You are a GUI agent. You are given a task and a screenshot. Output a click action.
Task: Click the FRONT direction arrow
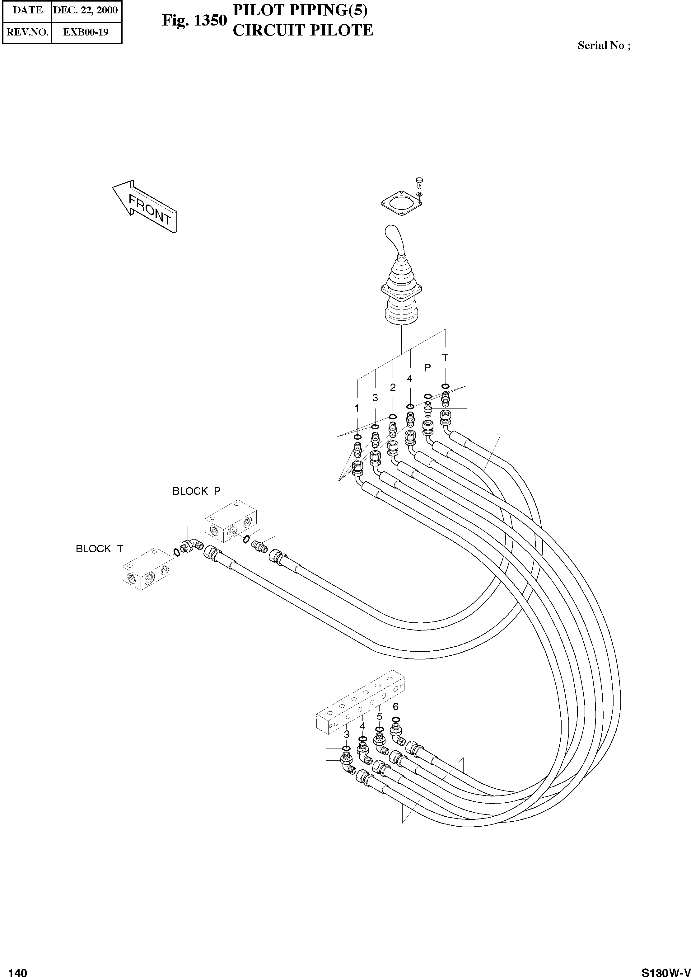[145, 206]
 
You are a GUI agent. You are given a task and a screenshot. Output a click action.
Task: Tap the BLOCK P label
[196, 491]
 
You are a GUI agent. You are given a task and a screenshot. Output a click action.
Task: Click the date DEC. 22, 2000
[86, 10]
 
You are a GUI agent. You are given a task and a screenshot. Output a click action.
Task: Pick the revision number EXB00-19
[86, 32]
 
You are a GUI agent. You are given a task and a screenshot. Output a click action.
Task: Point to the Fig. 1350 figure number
[194, 21]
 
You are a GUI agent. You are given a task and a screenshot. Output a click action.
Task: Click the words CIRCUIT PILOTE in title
[302, 31]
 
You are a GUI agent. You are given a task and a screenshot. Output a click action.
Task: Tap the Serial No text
[603, 45]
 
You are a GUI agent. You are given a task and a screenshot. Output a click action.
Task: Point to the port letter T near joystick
[445, 358]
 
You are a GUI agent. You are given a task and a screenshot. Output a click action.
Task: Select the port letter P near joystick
[427, 367]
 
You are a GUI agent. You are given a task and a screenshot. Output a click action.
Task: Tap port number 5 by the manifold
[379, 716]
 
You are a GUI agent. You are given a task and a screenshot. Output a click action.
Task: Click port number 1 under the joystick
[357, 408]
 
